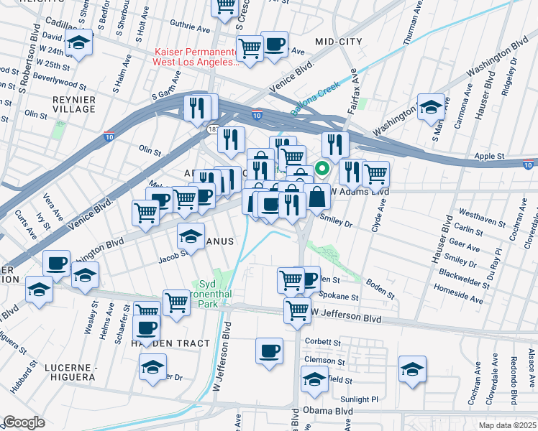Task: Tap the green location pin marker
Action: pos(323,170)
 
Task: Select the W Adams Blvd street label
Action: pos(360,192)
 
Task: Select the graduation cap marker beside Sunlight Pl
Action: pos(412,369)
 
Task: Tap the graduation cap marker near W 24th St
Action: pos(78,42)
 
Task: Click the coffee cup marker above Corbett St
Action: pos(270,351)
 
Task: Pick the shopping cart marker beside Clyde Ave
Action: pos(375,172)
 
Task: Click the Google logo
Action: pos(24,422)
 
